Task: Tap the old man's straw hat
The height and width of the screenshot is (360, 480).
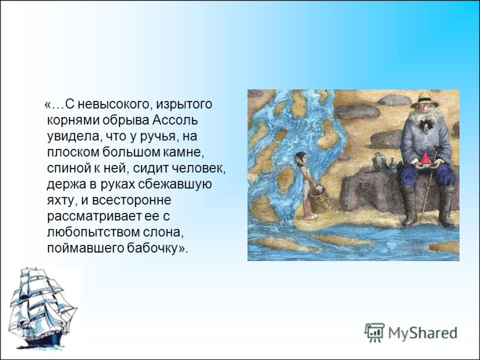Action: [424, 100]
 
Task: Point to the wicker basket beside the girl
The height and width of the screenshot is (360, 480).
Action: [321, 202]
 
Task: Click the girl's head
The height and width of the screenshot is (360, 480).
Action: [300, 158]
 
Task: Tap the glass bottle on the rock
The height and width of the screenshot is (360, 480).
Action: [392, 166]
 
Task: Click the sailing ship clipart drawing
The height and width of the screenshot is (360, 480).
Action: [42, 308]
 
